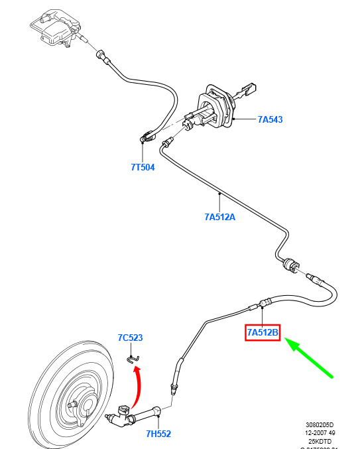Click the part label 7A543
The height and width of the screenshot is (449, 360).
270,120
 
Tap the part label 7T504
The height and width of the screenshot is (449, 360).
143,167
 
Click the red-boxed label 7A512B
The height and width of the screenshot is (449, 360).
263,331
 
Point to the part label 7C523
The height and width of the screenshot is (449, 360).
130,338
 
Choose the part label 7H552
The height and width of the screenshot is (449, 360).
159,434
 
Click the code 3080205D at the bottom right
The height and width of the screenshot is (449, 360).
320,424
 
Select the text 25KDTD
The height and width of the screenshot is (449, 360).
320,440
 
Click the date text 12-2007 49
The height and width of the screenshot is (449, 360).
320,432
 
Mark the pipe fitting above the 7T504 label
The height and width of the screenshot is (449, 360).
147,138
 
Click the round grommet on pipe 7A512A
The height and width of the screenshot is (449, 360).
290,265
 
